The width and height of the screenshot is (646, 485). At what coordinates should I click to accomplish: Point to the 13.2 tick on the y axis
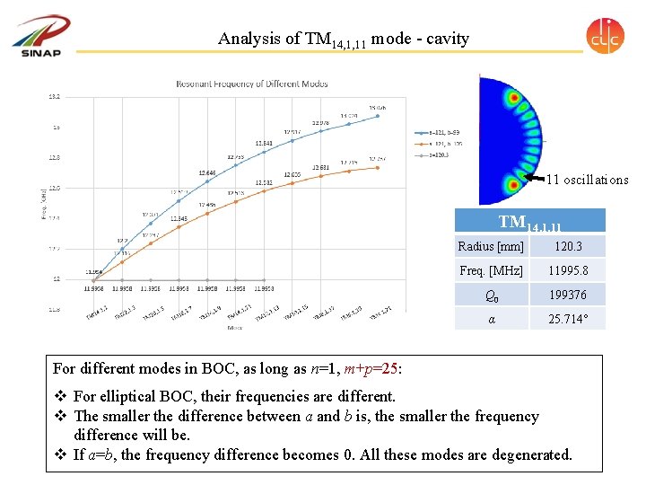pyautogui.click(x=54, y=96)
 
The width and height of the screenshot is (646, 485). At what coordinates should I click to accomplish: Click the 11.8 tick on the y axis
pyautogui.click(x=54, y=310)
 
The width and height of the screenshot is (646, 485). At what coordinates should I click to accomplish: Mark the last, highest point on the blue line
pyautogui.click(x=379, y=115)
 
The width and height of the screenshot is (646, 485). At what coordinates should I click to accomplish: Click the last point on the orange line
pyautogui.click(x=379, y=167)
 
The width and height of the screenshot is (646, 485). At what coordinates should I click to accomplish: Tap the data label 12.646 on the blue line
pyautogui.click(x=207, y=172)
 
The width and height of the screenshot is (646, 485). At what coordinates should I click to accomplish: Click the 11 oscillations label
pyautogui.click(x=588, y=180)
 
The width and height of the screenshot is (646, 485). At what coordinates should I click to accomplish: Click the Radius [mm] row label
pyautogui.click(x=490, y=246)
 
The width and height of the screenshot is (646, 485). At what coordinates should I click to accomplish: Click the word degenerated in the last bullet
pyautogui.click(x=527, y=454)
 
